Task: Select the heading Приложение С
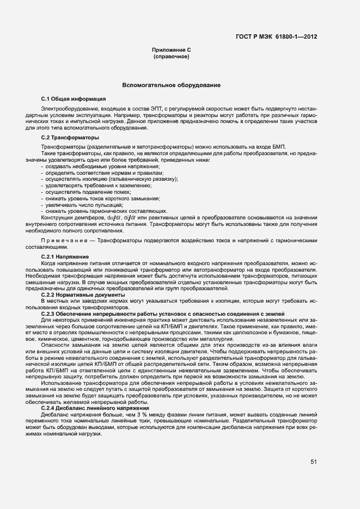(171, 50)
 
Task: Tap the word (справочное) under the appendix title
(171, 57)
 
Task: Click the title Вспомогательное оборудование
(171, 85)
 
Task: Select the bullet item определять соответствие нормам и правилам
(89, 173)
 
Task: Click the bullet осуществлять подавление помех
(88, 192)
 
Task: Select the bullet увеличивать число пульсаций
(84, 205)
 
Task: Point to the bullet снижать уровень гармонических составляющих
(106, 212)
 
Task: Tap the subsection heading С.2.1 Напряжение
(65, 256)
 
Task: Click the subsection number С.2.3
(50, 314)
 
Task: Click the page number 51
(314, 462)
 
